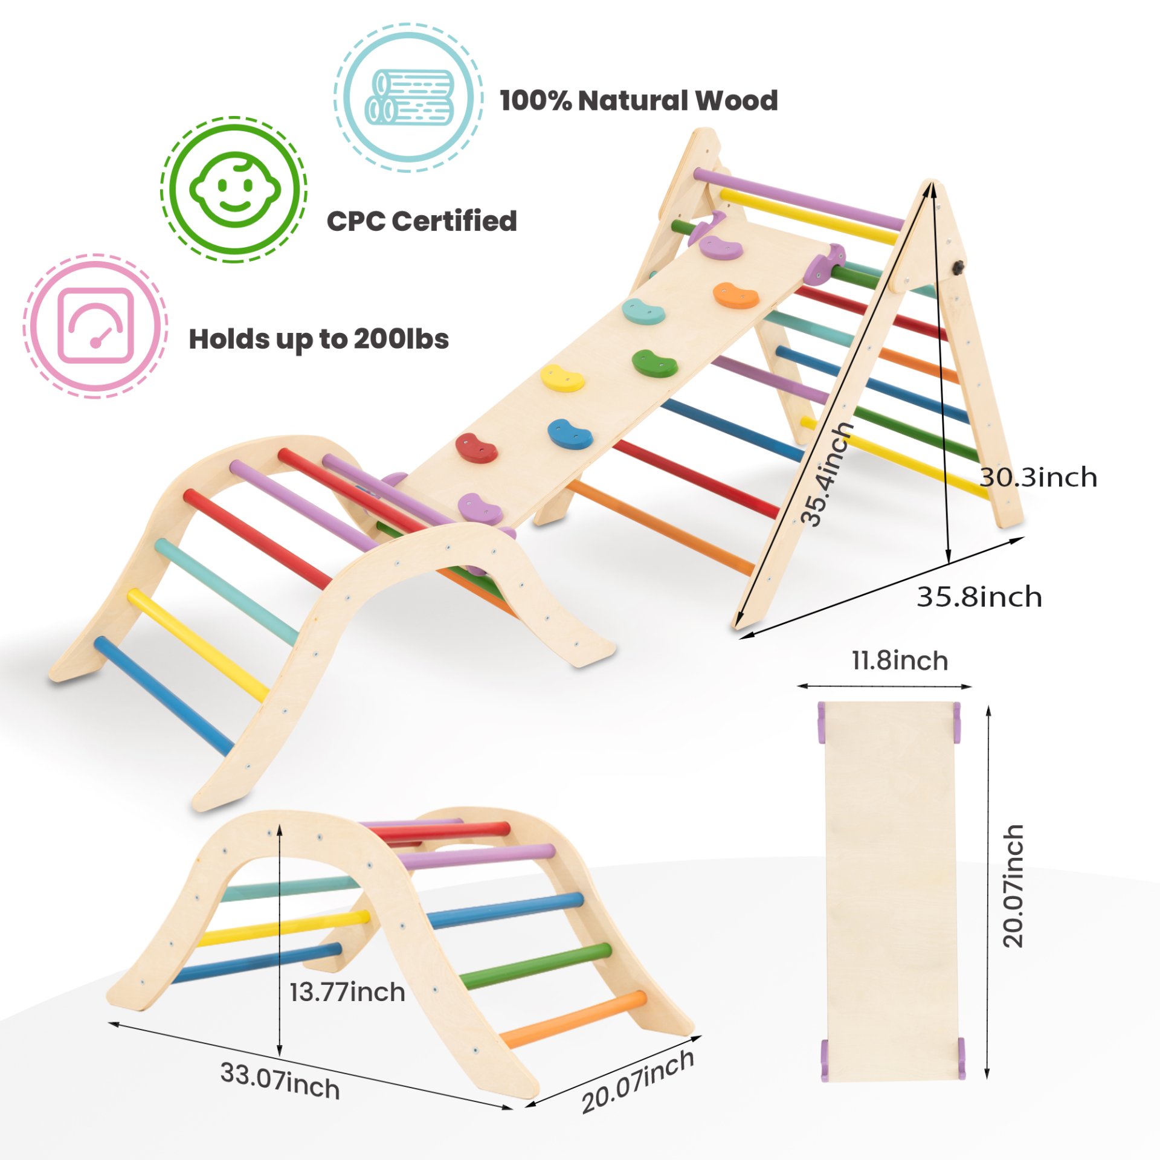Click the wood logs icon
tap(409, 97)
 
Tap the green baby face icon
tap(234, 190)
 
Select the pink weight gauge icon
tap(95, 326)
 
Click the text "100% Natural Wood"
tap(639, 100)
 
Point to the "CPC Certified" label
tap(422, 221)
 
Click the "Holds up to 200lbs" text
tap(319, 339)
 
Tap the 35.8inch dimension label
tap(979, 597)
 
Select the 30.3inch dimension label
tap(1038, 477)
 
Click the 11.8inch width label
tap(900, 660)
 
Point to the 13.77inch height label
tap(347, 992)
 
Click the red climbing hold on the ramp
tap(476, 448)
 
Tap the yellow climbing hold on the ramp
tap(562, 379)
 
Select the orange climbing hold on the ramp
tap(736, 295)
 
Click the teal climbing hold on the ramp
tap(644, 311)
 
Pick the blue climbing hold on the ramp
tap(570, 434)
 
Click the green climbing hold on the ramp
tap(654, 362)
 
